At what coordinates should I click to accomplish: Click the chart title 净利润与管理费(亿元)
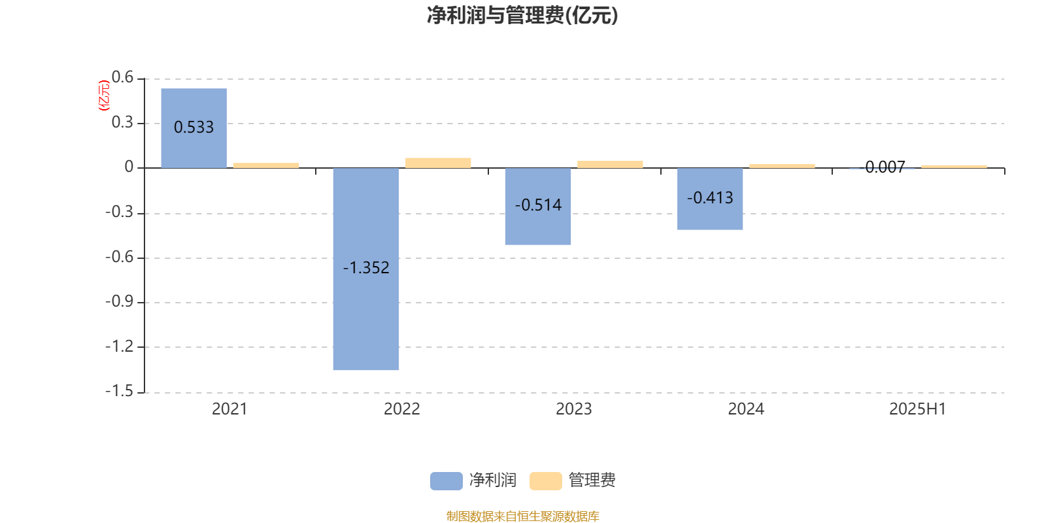click(522, 16)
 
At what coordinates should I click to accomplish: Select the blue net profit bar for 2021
click(194, 128)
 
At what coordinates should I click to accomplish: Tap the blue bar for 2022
click(366, 269)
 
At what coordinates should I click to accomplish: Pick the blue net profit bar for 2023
click(538, 207)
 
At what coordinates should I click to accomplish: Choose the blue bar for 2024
click(710, 199)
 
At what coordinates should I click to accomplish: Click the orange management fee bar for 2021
click(266, 165)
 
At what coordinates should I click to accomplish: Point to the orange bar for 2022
click(438, 163)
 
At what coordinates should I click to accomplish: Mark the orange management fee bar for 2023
click(610, 164)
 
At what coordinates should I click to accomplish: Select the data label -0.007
click(882, 167)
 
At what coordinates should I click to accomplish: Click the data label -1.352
click(366, 267)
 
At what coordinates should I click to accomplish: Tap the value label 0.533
click(194, 127)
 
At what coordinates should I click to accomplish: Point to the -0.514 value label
click(538, 205)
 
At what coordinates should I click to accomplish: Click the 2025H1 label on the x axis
click(918, 409)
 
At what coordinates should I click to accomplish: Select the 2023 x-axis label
click(574, 409)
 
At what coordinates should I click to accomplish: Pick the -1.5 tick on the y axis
click(120, 391)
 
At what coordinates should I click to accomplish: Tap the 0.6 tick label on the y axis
click(122, 77)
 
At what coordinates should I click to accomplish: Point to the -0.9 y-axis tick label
click(120, 301)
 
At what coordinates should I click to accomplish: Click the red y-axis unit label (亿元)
click(104, 95)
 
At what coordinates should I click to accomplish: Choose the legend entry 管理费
click(573, 481)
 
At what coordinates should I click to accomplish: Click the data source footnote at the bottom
click(522, 516)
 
